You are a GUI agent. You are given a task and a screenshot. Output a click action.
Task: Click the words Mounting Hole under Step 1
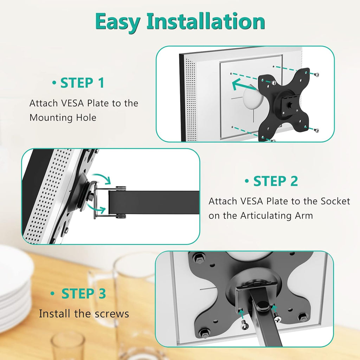[63, 117]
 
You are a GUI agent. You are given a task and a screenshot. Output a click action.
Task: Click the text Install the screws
[84, 313]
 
